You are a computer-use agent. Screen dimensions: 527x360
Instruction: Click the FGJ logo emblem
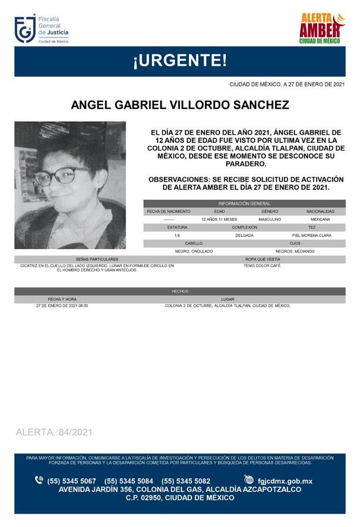click(25, 29)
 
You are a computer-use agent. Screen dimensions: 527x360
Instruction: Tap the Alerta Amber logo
click(320, 29)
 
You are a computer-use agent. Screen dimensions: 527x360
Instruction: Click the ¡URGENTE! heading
click(180, 61)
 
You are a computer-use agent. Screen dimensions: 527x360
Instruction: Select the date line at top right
click(286, 85)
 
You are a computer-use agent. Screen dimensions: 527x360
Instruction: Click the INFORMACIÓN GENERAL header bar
click(244, 203)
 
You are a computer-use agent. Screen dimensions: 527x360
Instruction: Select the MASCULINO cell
click(269, 219)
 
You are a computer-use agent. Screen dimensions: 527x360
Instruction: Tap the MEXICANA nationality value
click(320, 219)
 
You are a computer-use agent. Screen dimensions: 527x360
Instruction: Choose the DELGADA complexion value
click(244, 235)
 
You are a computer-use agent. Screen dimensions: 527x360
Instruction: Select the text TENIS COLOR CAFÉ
click(262, 266)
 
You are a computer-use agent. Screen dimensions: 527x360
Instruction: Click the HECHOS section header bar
click(180, 291)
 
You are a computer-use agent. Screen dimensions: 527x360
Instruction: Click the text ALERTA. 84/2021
click(54, 432)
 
